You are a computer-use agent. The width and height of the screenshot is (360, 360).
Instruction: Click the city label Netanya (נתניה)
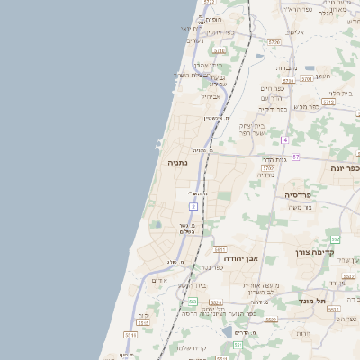pyautogui.click(x=176, y=163)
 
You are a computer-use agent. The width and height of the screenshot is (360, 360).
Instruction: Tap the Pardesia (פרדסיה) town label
pyautogui.click(x=298, y=194)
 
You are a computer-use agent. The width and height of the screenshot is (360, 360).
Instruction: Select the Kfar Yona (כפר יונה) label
pyautogui.click(x=344, y=168)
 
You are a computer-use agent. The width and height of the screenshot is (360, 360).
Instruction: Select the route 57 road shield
pyautogui.click(x=295, y=157)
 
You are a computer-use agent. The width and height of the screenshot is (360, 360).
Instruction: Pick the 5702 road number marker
pyautogui.click(x=267, y=167)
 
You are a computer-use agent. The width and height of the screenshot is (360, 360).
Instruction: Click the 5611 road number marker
pyautogui.click(x=219, y=249)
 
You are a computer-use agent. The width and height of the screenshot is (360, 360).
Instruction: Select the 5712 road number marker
pyautogui.click(x=328, y=103)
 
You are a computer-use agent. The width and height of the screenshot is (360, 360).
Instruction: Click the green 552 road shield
pyautogui.click(x=335, y=238)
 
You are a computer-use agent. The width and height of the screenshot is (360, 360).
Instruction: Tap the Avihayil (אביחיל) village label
pyautogui.click(x=211, y=96)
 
